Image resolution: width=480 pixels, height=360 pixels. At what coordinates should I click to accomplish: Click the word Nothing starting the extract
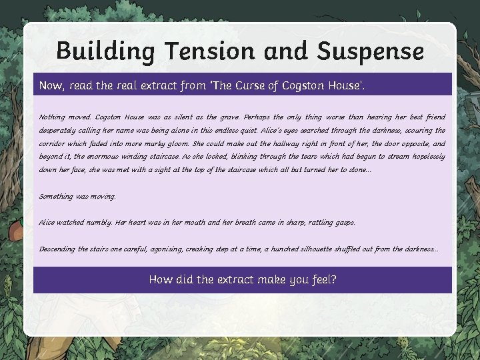tap(52, 117)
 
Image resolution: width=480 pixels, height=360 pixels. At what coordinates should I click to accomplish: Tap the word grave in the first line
tap(225, 117)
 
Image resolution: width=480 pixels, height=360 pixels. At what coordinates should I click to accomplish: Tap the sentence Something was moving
tap(77, 197)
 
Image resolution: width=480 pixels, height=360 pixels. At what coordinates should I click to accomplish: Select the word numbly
tap(97, 222)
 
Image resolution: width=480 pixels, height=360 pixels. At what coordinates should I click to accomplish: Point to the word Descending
tap(57, 249)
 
